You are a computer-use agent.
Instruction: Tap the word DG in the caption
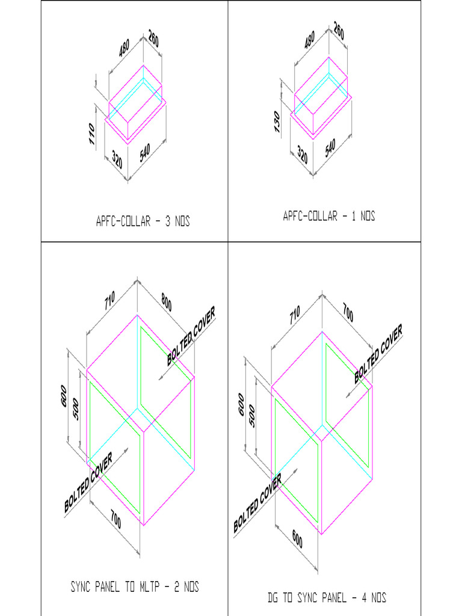[x=274, y=598]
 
